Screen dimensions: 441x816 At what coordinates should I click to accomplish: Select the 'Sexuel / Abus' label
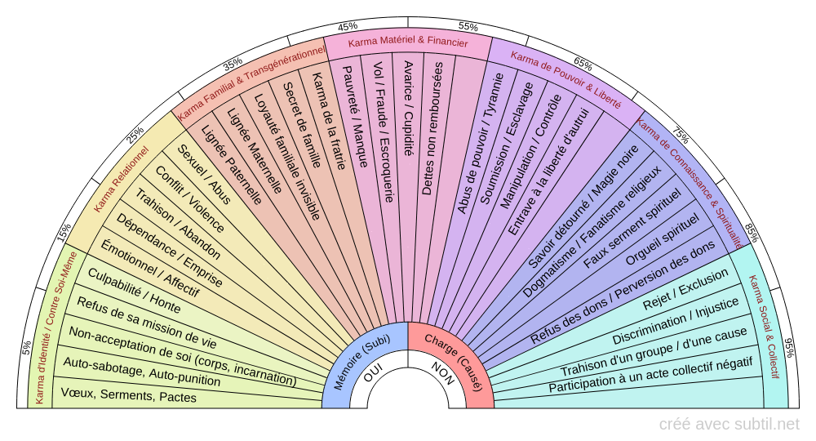[204, 175]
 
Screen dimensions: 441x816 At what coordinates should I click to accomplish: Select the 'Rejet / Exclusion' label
[685, 292]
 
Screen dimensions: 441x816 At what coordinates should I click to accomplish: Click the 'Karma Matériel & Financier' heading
[408, 42]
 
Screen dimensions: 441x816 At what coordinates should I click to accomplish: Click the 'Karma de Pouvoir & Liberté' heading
[565, 80]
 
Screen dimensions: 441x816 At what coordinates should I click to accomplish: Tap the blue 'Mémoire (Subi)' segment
[353, 364]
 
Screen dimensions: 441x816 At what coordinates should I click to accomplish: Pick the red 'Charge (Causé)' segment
[461, 363]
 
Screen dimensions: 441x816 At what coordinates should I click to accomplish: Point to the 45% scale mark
[347, 25]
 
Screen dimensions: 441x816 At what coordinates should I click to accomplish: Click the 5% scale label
[26, 349]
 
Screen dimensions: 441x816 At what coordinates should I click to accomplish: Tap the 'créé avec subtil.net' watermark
[729, 424]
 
